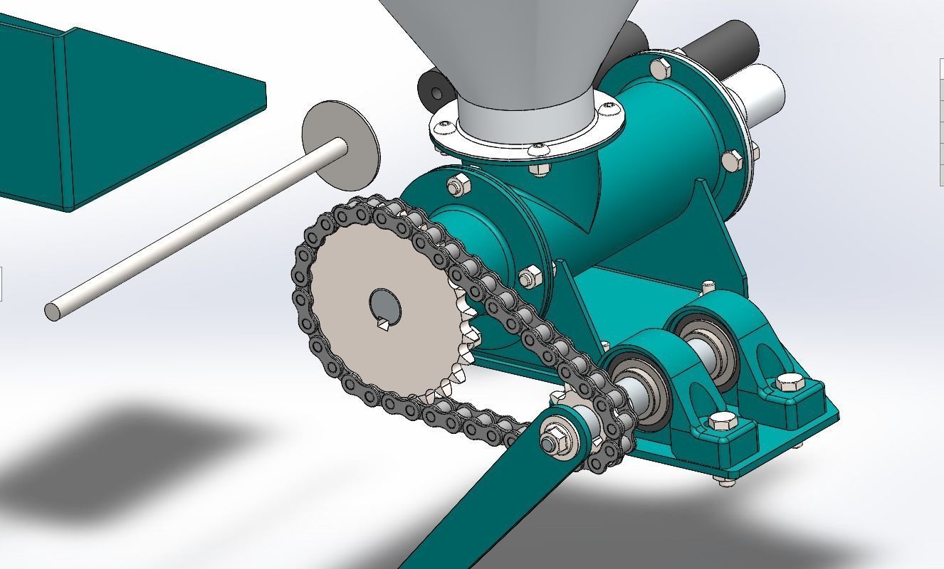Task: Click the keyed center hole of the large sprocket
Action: click(385, 307)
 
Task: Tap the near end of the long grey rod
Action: click(53, 312)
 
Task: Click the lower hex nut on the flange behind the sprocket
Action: click(528, 275)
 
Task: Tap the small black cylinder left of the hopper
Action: click(431, 88)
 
